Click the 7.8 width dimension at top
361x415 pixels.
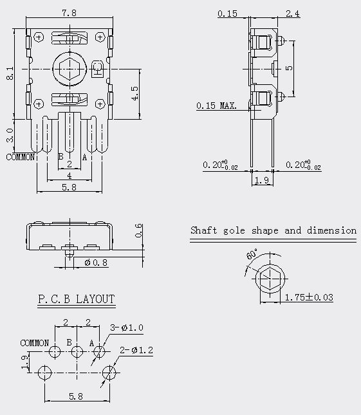click(x=69, y=13)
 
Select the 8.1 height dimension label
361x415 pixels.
click(x=10, y=73)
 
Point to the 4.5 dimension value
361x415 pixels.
click(x=134, y=93)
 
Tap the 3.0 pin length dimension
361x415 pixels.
click(x=10, y=135)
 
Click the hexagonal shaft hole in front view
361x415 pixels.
click(x=69, y=69)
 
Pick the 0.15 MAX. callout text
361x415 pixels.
click(x=216, y=106)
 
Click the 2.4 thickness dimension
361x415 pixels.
click(x=293, y=14)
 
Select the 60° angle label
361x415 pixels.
click(x=252, y=254)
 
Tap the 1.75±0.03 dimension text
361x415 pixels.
click(x=309, y=297)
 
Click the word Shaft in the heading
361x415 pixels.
click(x=203, y=230)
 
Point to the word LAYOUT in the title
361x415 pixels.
click(x=95, y=299)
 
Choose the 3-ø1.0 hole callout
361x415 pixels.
click(x=127, y=327)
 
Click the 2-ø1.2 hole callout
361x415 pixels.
click(x=136, y=350)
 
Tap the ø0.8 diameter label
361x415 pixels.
click(x=96, y=263)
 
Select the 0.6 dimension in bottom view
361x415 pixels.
click(x=139, y=230)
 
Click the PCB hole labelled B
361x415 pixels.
click(x=77, y=352)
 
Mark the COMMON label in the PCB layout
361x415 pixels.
click(x=34, y=344)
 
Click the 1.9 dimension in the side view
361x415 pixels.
click(x=262, y=180)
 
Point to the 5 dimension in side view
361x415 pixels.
click(x=290, y=68)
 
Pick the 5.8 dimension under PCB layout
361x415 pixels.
click(x=76, y=396)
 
